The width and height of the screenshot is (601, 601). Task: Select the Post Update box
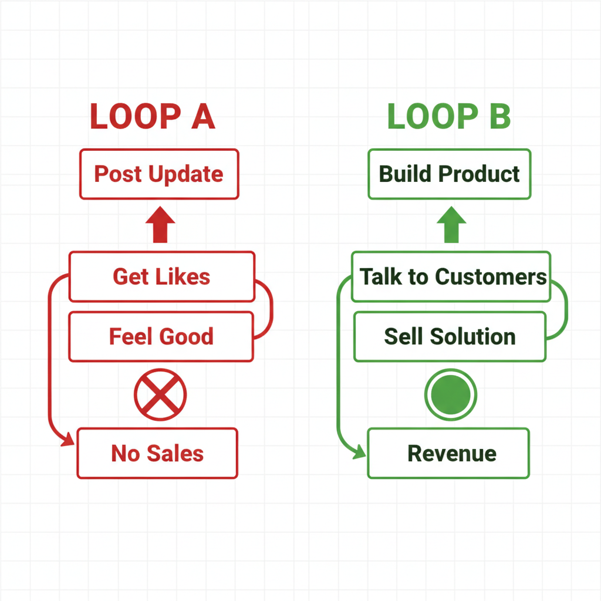click(x=158, y=174)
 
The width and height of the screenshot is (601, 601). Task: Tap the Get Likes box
click(x=161, y=276)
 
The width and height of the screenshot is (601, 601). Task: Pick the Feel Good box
click(x=161, y=336)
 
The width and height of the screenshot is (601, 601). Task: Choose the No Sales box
click(x=157, y=453)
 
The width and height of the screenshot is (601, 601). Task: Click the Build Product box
click(x=449, y=174)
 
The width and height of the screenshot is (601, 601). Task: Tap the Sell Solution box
click(x=450, y=336)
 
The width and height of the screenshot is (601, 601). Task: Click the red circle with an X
click(x=160, y=394)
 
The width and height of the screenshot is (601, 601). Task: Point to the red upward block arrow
click(x=160, y=225)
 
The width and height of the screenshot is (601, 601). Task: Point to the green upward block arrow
click(x=451, y=225)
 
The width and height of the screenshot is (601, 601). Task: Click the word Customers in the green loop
click(x=491, y=276)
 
